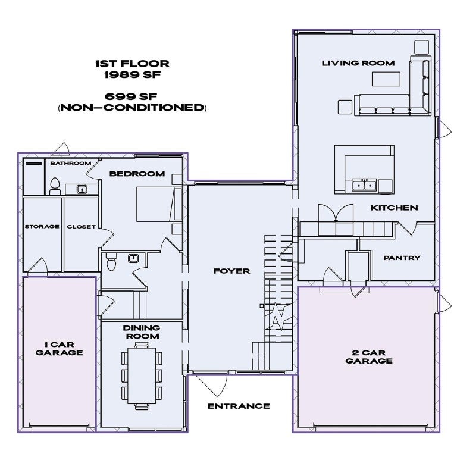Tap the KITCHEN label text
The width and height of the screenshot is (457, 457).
coord(394,208)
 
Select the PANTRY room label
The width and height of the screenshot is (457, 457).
coord(402,258)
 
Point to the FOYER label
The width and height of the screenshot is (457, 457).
coord(231,271)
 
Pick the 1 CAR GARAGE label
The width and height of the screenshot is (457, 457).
coord(59,348)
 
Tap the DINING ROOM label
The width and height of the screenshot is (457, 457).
coord(141,332)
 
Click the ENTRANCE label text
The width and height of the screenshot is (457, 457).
coord(238,406)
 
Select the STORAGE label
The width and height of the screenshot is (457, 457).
coord(42,227)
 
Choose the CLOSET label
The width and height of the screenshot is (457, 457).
coord(81,227)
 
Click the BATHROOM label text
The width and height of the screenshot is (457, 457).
coord(70,163)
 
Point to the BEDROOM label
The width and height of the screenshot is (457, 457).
coord(136,174)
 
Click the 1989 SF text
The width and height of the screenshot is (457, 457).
coord(132,76)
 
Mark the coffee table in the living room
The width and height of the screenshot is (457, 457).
coord(386,79)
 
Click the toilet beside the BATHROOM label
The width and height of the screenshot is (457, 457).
coord(55,186)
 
